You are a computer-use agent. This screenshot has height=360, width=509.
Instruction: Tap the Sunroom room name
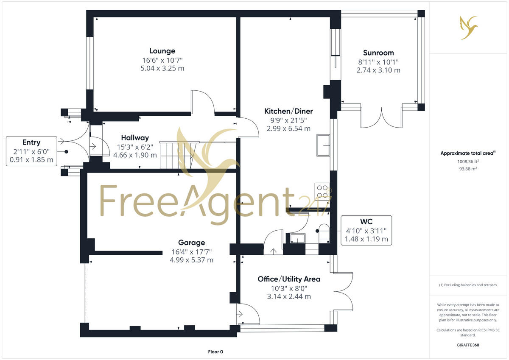pos(378,53)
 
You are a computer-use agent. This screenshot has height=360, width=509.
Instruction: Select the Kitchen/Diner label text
pos(288,111)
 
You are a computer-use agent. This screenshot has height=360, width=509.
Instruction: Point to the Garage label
pos(191,243)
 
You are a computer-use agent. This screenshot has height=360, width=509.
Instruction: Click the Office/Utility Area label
pos(289,279)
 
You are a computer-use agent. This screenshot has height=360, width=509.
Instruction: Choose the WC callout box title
pos(366,222)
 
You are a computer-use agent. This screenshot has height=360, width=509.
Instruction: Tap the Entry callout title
pos(32,142)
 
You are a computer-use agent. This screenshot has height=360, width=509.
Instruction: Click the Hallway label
pos(135,138)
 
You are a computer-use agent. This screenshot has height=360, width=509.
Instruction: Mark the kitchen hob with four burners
pos(322,191)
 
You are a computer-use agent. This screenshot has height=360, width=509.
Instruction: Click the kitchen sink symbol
pos(324,145)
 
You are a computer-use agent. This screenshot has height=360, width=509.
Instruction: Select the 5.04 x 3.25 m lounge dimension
pos(162,68)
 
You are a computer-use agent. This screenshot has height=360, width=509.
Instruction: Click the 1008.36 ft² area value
pos(468,161)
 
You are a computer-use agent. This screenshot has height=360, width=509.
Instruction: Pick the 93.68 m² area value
pos(468,168)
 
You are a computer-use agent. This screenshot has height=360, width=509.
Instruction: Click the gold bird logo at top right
pos(468,27)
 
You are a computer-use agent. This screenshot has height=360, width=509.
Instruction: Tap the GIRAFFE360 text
pos(468,345)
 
